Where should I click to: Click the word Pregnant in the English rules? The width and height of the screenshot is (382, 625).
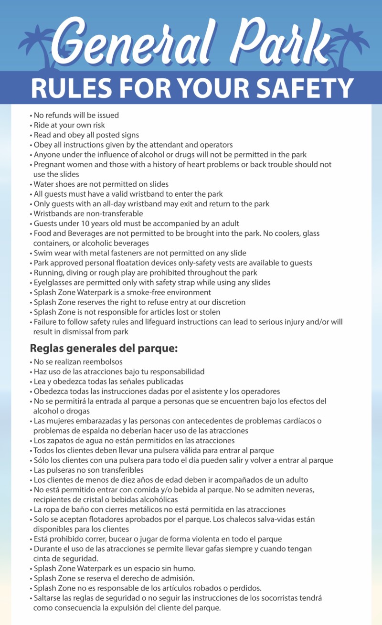click(48, 164)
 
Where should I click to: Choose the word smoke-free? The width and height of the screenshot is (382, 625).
click(158, 292)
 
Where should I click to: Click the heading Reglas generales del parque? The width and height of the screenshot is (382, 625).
click(104, 348)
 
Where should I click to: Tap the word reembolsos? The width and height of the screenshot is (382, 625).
click(101, 362)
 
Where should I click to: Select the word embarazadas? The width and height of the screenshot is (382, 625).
click(90, 421)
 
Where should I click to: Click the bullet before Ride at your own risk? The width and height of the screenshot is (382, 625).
click(31, 126)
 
